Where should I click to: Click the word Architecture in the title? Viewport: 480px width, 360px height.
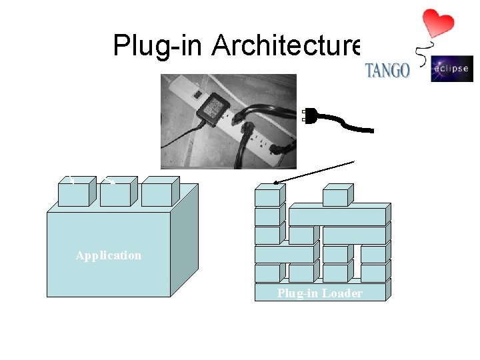pyautogui.click(x=285, y=46)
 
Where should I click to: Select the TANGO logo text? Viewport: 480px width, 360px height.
pyautogui.click(x=387, y=70)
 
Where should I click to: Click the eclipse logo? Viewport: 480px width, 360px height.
pyautogui.click(x=451, y=69)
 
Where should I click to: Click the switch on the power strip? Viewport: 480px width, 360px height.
pyautogui.click(x=197, y=95)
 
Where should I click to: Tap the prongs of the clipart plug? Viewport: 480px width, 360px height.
pyautogui.click(x=307, y=115)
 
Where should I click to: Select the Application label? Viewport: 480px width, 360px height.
pyautogui.click(x=108, y=255)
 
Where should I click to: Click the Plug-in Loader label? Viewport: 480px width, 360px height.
pyautogui.click(x=320, y=293)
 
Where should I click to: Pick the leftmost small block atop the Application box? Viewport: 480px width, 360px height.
pyautogui.click(x=73, y=193)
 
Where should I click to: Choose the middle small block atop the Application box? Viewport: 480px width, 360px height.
pyautogui.click(x=115, y=193)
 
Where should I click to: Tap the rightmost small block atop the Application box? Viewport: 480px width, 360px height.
pyautogui.click(x=156, y=193)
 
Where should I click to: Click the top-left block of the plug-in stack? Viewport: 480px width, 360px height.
pyautogui.click(x=267, y=197)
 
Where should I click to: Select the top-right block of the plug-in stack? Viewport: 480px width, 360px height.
pyautogui.click(x=335, y=197)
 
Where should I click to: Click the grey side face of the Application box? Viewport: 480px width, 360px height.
pyautogui.click(x=185, y=240)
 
